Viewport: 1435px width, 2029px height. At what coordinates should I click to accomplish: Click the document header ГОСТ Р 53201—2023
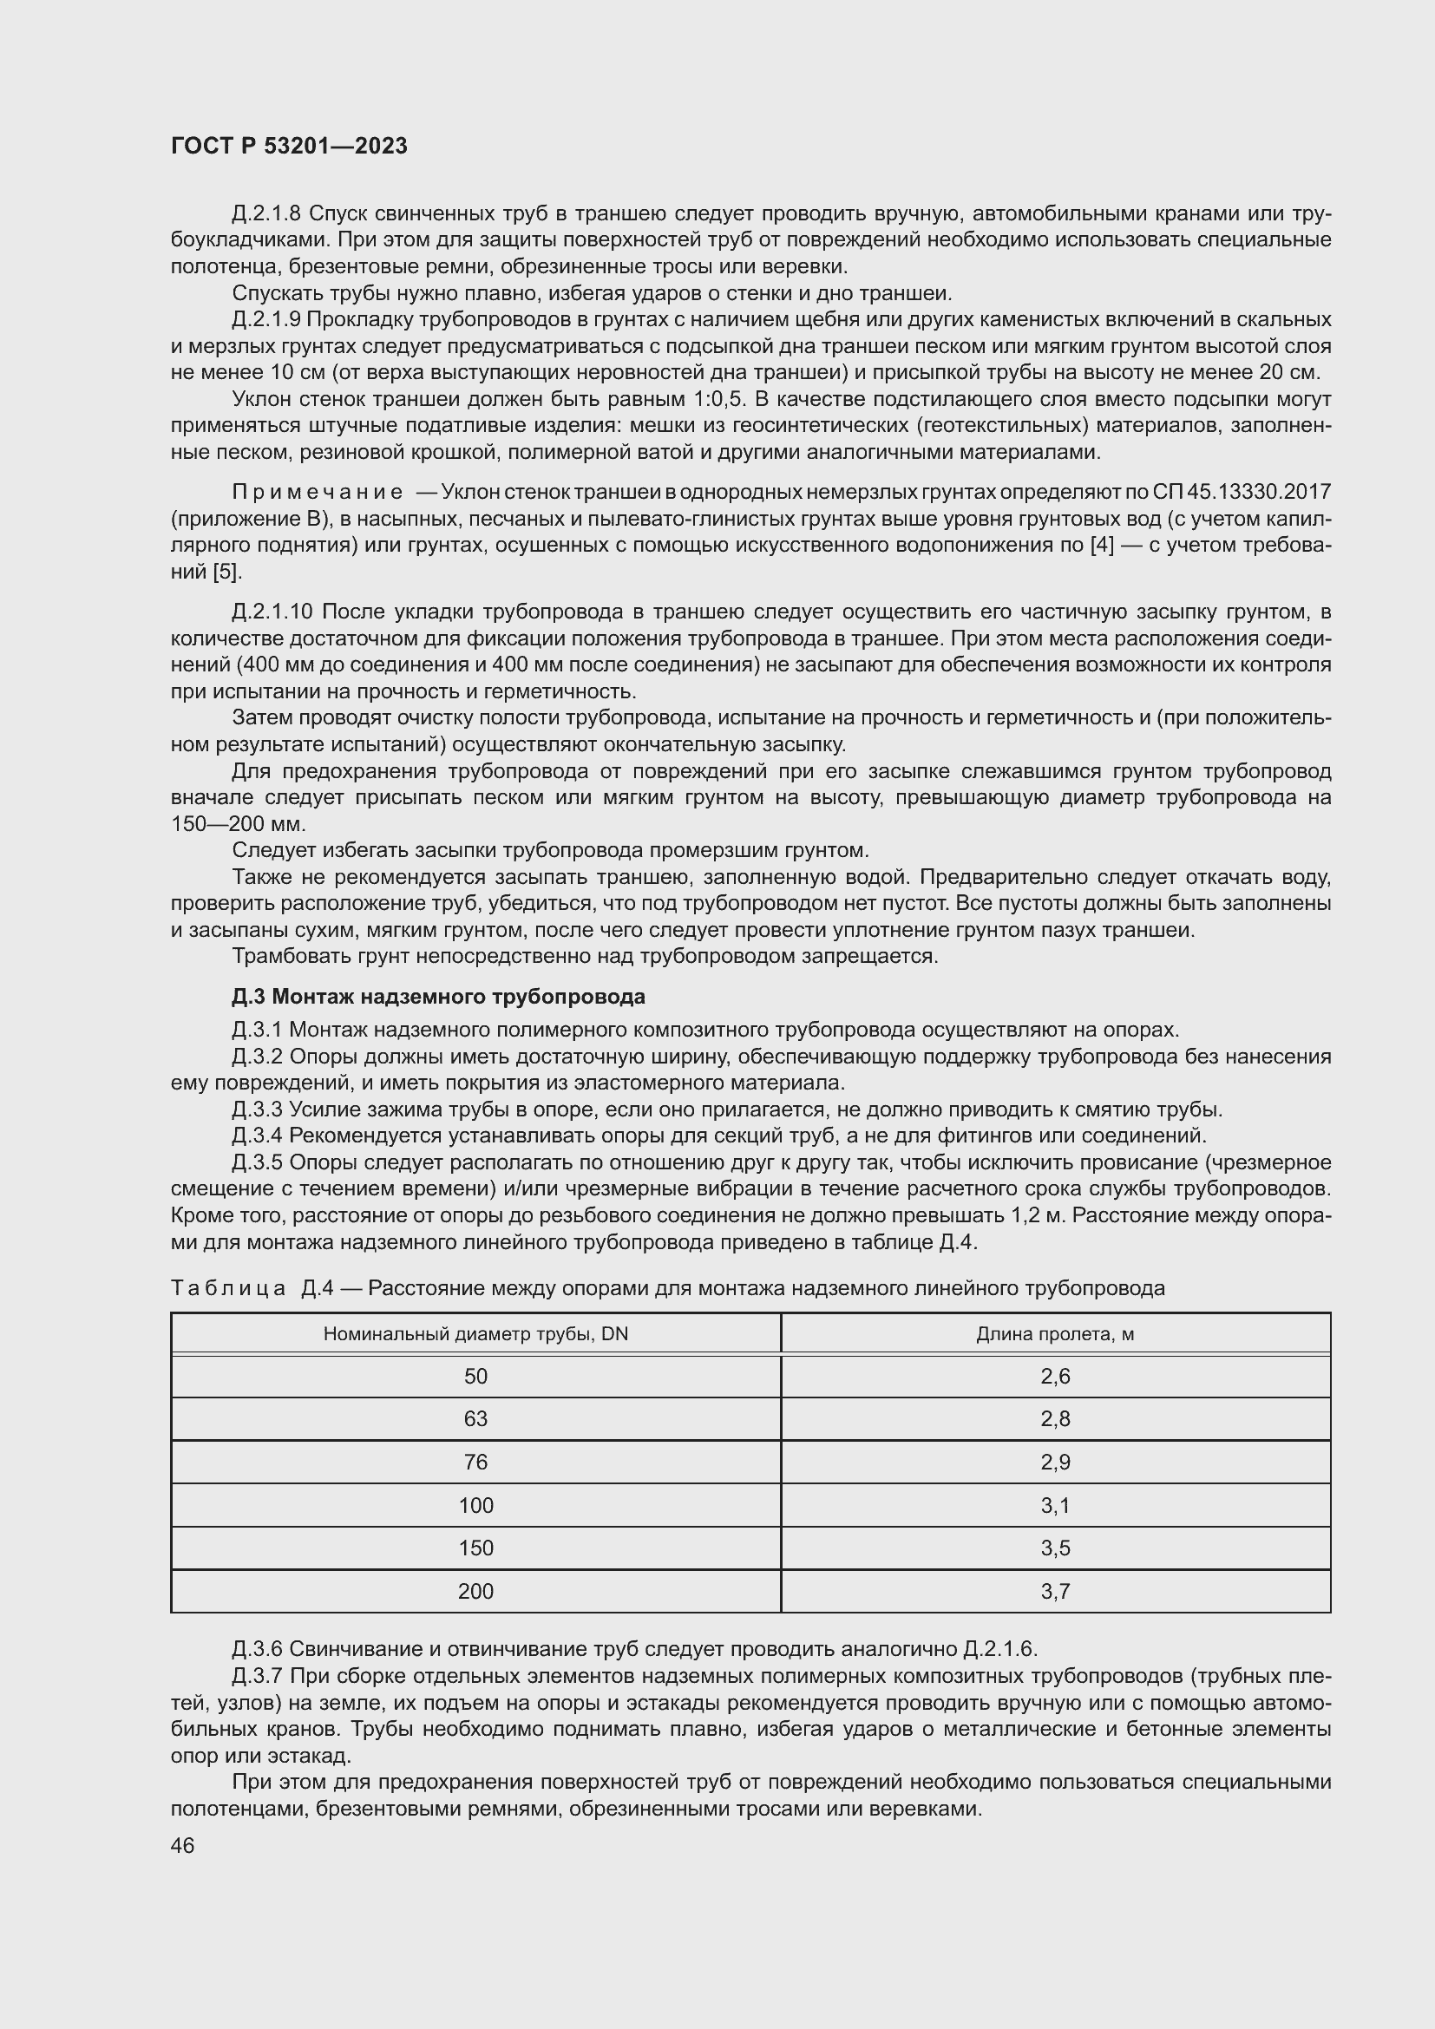[289, 146]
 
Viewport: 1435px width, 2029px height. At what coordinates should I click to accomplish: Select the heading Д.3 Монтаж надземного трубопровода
[438, 997]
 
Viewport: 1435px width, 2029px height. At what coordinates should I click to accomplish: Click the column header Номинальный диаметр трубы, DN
[475, 1333]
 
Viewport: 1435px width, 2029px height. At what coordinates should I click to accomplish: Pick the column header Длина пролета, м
[1055, 1333]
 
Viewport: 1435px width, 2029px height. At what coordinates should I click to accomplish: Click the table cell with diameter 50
[475, 1376]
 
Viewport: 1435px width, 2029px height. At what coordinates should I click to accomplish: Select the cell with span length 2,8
[1055, 1418]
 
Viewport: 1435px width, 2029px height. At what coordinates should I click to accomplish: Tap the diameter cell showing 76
[475, 1462]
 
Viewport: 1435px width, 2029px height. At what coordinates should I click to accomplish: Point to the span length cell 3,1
[1055, 1505]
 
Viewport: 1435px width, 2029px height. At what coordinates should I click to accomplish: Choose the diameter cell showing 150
[475, 1548]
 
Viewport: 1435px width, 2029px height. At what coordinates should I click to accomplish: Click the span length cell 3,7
[1055, 1591]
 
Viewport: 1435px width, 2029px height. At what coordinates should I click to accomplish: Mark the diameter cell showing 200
[475, 1591]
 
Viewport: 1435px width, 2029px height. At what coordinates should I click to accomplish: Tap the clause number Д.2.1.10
[272, 612]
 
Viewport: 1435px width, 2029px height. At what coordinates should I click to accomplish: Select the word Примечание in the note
[318, 492]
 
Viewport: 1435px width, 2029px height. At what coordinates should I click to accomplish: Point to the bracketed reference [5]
[226, 572]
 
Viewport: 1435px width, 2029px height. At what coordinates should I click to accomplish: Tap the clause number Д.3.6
[257, 1649]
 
